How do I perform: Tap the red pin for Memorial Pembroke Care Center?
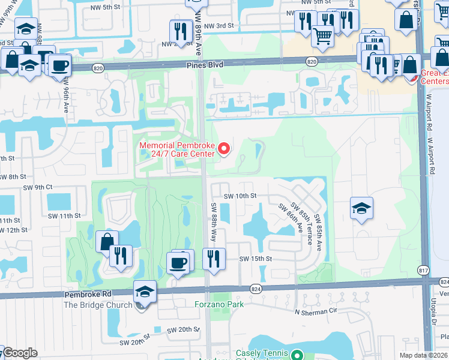click(x=225, y=148)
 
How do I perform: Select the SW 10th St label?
click(x=240, y=196)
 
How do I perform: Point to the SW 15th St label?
click(x=256, y=259)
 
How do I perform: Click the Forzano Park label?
click(x=219, y=304)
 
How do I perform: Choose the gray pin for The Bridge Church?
click(x=140, y=305)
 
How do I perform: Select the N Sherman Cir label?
click(x=313, y=312)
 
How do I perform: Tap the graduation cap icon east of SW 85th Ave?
click(x=361, y=208)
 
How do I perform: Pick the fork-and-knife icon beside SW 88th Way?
click(x=214, y=259)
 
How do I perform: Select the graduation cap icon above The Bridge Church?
click(x=144, y=292)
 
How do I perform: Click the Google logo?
click(x=19, y=352)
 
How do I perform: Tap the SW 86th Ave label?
click(x=290, y=218)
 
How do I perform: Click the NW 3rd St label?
click(x=218, y=26)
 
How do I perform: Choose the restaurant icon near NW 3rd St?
click(x=181, y=30)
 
